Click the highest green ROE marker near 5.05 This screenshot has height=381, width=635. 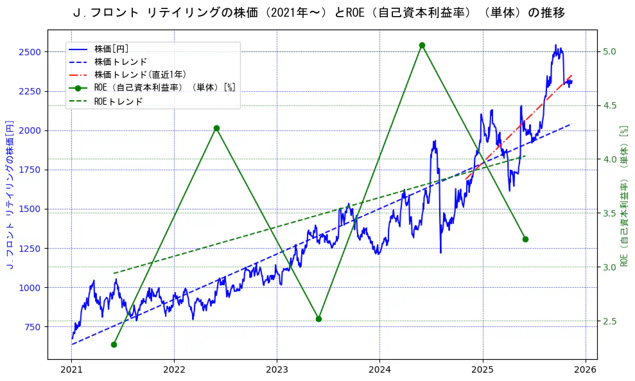click(422, 45)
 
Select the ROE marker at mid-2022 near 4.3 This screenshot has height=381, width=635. click(216, 128)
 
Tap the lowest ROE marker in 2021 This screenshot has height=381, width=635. click(114, 344)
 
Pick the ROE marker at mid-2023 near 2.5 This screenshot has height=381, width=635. click(318, 319)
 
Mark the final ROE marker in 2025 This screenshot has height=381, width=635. click(525, 239)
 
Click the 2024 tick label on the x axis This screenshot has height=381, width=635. click(379, 369)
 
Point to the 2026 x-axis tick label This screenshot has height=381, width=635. click(585, 369)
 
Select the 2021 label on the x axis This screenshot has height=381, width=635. click(71, 369)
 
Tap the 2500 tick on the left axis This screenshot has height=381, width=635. click(30, 51)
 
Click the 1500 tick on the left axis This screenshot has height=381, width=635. click(30, 209)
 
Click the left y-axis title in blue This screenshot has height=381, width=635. click(10, 194)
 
